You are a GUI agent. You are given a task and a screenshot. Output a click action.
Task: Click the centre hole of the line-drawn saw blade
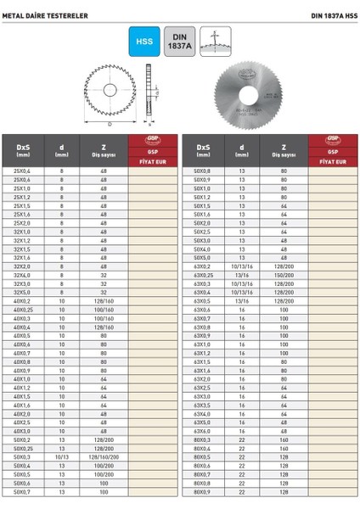110,92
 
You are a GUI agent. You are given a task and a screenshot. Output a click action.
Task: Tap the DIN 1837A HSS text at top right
323,14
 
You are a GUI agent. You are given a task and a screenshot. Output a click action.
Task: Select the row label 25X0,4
22,171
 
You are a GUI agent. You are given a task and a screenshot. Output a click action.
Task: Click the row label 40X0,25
22,310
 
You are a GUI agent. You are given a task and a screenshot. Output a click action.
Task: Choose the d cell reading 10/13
61,456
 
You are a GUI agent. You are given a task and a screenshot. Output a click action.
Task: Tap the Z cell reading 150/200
284,275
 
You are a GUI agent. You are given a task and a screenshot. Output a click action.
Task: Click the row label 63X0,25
204,275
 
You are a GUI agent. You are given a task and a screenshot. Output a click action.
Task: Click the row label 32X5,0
22,292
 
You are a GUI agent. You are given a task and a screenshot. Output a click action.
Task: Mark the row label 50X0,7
22,491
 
